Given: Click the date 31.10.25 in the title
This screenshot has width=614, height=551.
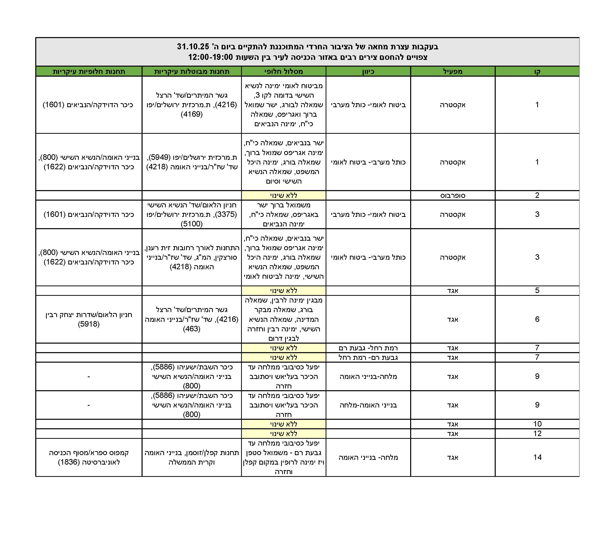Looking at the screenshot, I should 193,47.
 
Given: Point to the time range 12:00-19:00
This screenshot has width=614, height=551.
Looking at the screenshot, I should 211,57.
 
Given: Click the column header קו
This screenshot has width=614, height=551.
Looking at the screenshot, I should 537,71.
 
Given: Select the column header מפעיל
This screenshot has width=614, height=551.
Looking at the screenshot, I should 453,71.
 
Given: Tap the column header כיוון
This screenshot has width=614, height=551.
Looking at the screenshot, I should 368,71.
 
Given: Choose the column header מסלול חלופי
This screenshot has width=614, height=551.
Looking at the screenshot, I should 284,71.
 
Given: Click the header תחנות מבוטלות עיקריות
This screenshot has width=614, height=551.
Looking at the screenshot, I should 192,71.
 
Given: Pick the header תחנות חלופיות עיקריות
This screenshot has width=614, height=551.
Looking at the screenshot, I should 89,71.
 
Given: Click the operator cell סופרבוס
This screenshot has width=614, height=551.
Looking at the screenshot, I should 453,195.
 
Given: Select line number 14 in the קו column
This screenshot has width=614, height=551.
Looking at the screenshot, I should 537,457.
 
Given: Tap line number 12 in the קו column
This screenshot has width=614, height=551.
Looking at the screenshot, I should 537,434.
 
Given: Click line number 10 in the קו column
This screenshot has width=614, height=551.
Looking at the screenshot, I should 537,424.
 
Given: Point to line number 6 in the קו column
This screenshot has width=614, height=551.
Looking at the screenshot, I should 537,319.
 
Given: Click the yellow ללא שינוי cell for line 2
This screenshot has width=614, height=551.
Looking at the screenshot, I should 284,195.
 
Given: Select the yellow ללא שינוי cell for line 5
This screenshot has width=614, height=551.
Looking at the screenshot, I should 284,291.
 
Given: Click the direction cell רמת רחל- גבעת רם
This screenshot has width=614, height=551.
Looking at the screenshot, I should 368,348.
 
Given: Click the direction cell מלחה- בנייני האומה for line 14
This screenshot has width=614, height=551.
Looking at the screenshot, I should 368,457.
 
